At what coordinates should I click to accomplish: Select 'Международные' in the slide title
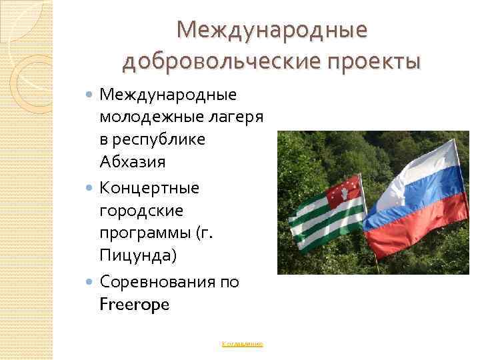(272, 29)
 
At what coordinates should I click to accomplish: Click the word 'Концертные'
(149, 187)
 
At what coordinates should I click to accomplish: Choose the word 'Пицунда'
(137, 255)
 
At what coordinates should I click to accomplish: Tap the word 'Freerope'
(135, 305)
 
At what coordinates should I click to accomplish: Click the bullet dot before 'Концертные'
(91, 188)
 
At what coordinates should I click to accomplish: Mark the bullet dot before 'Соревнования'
(91, 283)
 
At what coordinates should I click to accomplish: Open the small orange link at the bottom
(243, 344)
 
